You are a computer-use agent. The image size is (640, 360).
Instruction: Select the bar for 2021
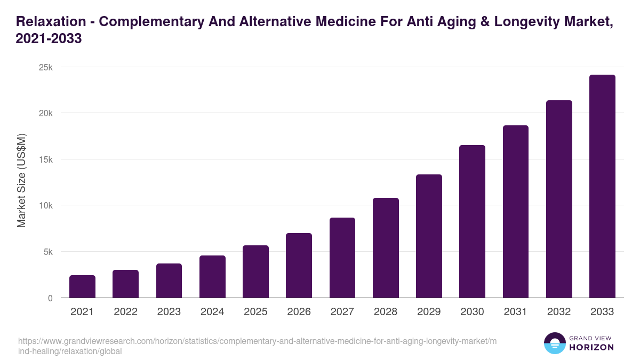tap(82, 286)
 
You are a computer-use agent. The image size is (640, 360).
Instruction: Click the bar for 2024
tap(212, 277)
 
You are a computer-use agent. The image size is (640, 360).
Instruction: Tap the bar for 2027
tap(342, 258)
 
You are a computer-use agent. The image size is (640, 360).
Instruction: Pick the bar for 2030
tap(472, 221)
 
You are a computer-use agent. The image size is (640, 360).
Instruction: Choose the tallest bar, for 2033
tap(602, 186)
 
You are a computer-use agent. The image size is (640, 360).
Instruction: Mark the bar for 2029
tap(429, 236)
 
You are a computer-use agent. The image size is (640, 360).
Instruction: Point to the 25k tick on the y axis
tap(45, 68)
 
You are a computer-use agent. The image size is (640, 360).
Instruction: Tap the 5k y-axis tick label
tap(47, 252)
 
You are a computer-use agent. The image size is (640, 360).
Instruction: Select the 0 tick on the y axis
tap(50, 298)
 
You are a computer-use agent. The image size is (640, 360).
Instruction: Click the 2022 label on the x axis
tap(125, 312)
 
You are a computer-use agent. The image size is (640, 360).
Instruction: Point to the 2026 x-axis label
tap(299, 312)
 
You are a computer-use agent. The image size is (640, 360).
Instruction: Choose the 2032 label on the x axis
tap(559, 312)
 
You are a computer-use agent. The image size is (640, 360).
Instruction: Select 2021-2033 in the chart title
tap(49, 39)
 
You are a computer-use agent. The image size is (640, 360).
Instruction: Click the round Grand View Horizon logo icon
tap(555, 343)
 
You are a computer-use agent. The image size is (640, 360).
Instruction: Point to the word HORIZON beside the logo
tap(591, 347)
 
